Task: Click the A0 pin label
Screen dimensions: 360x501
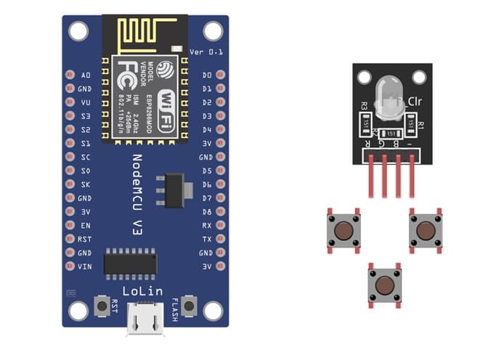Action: click(x=86, y=75)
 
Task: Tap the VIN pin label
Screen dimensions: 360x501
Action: click(x=85, y=266)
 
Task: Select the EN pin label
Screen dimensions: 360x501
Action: click(x=86, y=225)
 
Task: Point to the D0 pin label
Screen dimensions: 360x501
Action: click(x=207, y=75)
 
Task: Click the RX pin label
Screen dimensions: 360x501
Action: click(x=207, y=225)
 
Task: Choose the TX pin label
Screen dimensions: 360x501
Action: click(x=207, y=239)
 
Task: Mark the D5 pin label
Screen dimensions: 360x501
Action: click(x=207, y=171)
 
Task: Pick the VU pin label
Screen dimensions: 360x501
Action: click(x=86, y=102)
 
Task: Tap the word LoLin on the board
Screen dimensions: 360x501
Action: click(x=143, y=291)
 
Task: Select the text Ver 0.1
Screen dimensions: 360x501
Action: click(x=204, y=52)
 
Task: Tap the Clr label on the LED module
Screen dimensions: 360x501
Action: click(x=415, y=101)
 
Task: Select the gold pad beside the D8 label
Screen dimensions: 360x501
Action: click(x=221, y=212)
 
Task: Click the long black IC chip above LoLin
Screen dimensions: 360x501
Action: click(x=130, y=261)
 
